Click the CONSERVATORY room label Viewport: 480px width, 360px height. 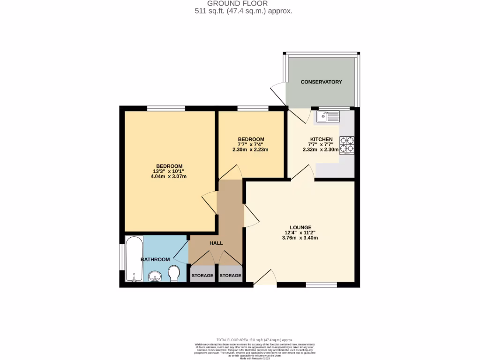point(321,82)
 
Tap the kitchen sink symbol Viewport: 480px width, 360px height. point(328,116)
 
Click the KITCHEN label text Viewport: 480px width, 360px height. point(321,139)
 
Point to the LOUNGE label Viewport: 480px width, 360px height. point(300,227)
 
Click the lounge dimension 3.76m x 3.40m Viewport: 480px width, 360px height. point(300,238)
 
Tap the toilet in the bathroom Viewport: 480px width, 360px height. point(173,273)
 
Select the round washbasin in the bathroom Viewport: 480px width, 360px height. point(155,277)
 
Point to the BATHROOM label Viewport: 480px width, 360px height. point(155,259)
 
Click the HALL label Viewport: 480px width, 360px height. point(216,243)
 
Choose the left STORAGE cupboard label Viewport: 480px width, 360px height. point(202,276)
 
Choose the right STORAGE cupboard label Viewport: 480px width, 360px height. point(230,276)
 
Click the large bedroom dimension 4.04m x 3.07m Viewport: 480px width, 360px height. point(169,177)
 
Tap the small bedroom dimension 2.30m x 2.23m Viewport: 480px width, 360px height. point(251,150)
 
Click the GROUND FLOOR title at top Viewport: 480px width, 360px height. point(244,3)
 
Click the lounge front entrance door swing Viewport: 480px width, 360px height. point(265,277)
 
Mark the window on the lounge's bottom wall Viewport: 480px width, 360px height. point(321,285)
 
